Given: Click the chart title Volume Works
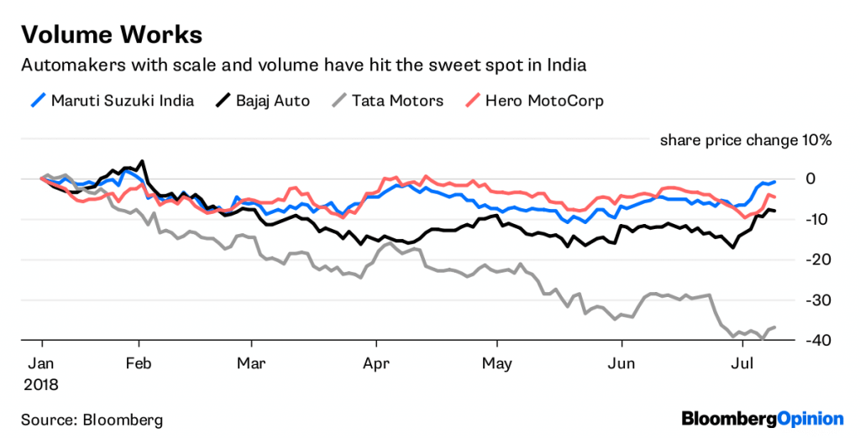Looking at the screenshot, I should (111, 34).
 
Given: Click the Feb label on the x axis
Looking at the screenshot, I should (139, 364).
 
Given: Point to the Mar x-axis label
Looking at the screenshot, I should (251, 364).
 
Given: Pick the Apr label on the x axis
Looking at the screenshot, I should (375, 364).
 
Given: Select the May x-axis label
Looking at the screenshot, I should (497, 364).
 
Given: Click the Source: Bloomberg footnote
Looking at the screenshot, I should (92, 419).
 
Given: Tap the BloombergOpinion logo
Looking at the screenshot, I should (762, 417).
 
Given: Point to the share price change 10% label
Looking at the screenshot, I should (745, 140).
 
